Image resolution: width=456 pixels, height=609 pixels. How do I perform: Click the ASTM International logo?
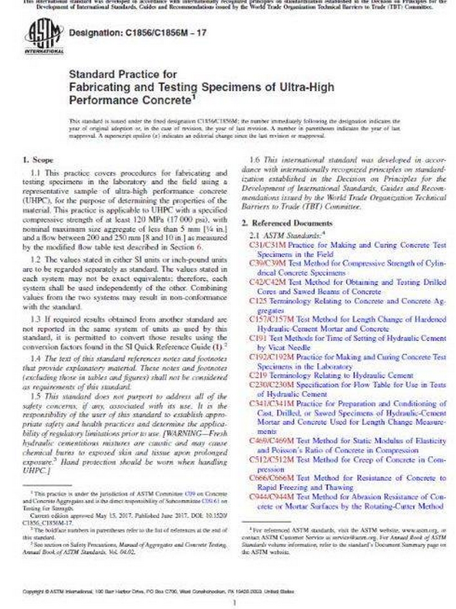pos(43,37)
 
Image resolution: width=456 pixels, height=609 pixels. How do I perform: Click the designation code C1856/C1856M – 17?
pos(137,33)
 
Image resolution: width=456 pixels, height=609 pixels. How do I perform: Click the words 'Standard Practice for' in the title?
pos(122,74)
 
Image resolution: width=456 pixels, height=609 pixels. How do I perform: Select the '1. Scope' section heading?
pos(38,160)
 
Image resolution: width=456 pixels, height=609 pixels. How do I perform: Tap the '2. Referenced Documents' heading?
pos(286,223)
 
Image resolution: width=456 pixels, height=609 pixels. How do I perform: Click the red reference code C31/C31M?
pos(268,246)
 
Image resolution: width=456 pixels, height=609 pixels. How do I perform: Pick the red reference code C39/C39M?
pos(268,264)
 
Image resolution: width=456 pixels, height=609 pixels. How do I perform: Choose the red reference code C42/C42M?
pos(268,283)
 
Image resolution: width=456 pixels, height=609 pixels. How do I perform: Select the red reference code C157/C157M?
pos(272,319)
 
